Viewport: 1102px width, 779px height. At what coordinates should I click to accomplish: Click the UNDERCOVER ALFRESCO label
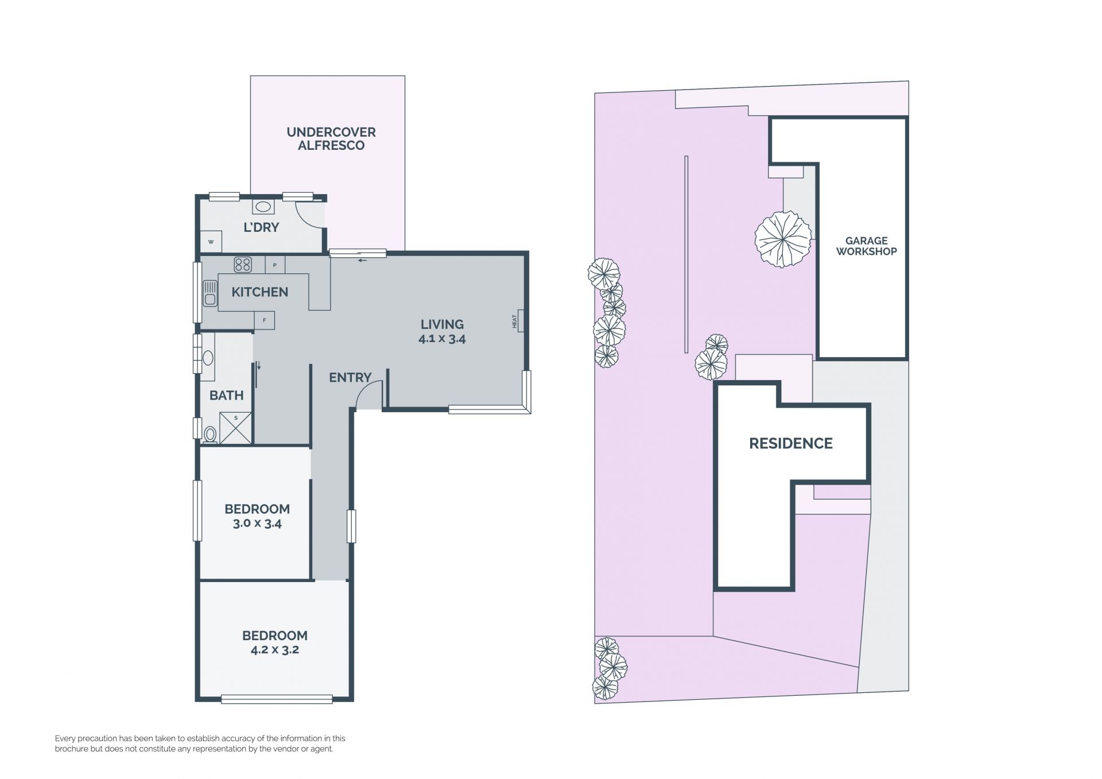[331, 139]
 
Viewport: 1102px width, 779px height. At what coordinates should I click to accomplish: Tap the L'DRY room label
[261, 227]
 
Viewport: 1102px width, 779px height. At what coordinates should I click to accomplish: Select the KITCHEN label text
[259, 292]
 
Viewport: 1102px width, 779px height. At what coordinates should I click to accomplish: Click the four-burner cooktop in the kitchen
[243, 265]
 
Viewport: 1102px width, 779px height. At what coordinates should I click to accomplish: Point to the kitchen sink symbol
[209, 293]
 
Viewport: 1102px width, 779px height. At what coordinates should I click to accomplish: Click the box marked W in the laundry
[211, 242]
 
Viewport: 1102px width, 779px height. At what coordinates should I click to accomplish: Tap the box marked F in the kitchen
[264, 320]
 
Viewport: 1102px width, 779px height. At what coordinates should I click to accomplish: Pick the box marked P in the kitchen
[275, 265]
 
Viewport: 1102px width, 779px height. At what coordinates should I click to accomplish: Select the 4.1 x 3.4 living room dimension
[442, 339]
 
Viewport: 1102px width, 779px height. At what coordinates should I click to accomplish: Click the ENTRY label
[350, 378]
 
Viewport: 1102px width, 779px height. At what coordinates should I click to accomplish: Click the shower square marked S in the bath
[236, 428]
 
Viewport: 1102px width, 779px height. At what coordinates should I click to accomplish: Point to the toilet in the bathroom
[210, 434]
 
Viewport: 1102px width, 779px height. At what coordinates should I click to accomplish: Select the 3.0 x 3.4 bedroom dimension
[257, 524]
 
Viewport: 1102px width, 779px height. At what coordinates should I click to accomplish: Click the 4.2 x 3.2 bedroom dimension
[275, 650]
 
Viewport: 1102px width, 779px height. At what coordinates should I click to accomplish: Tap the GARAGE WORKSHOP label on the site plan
[866, 246]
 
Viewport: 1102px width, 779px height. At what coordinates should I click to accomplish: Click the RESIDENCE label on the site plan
[791, 443]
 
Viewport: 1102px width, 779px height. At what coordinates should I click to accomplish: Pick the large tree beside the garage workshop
[783, 239]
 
